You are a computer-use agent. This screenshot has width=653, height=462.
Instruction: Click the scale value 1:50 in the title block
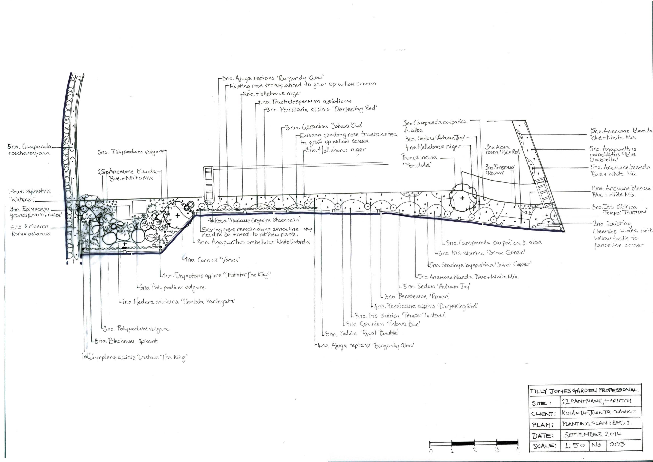(x=575, y=445)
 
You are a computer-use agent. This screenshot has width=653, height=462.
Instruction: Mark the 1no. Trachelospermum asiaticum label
(x=305, y=102)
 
